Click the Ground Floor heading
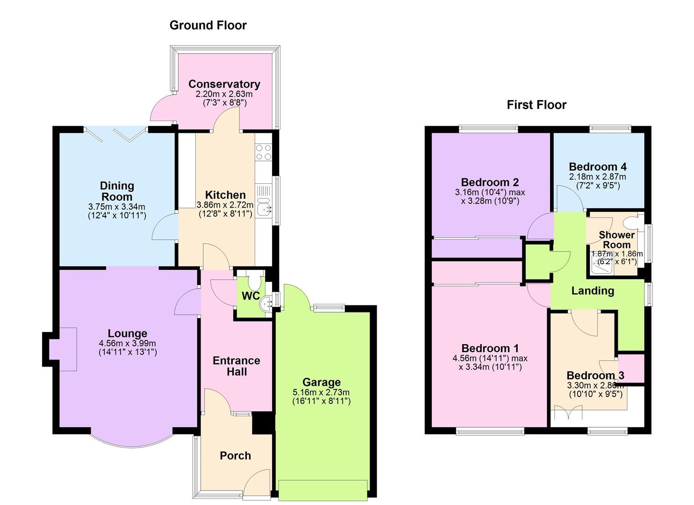click(x=208, y=25)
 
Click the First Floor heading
click(x=537, y=105)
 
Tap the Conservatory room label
click(x=224, y=84)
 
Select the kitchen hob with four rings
click(x=264, y=152)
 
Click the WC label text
click(x=250, y=296)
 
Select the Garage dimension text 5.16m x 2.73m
click(x=321, y=392)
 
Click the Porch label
click(x=235, y=456)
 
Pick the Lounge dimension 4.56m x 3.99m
click(x=127, y=344)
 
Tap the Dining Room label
click(x=117, y=191)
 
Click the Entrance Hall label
click(x=236, y=366)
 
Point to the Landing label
click(x=593, y=291)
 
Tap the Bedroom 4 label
click(x=598, y=167)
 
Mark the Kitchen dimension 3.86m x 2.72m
click(x=225, y=205)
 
